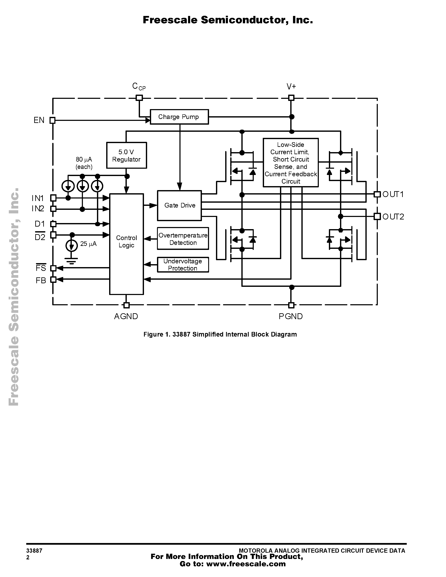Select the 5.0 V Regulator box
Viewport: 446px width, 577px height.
pos(127,155)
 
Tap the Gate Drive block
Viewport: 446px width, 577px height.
pos(179,206)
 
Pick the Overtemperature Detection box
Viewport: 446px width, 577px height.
pos(183,239)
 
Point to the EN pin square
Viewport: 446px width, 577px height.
pos(53,120)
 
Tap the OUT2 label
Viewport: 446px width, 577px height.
pos(393,217)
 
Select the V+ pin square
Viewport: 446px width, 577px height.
pos(291,98)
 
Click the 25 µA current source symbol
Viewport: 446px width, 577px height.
pos(72,246)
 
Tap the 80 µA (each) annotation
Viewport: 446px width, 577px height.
pos(84,163)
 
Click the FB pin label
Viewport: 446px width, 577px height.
pos(41,281)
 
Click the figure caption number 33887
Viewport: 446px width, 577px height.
pos(181,334)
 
